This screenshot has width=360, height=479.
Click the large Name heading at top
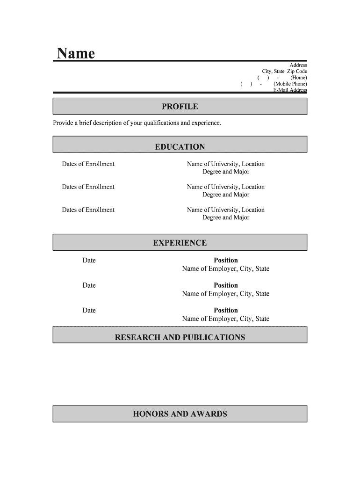(x=76, y=53)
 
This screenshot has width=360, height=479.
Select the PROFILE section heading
(x=180, y=107)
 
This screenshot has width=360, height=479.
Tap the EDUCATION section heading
(x=180, y=147)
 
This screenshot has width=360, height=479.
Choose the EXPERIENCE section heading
(x=180, y=243)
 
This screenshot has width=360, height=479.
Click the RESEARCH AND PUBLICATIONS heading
(x=180, y=337)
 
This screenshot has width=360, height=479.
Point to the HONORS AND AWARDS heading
(x=180, y=414)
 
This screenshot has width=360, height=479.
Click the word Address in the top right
(x=298, y=65)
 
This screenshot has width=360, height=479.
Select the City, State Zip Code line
(x=284, y=72)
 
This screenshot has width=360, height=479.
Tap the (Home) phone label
(x=298, y=78)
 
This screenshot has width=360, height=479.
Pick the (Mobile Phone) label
(x=290, y=84)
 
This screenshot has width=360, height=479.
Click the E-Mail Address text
(x=290, y=90)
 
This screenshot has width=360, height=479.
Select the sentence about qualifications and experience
(x=137, y=123)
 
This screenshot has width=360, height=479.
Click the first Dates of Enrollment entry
(x=88, y=164)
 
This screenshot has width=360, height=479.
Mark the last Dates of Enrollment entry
(x=88, y=210)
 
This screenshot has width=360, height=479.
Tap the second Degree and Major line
(x=226, y=195)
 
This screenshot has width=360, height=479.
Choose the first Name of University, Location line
(x=226, y=164)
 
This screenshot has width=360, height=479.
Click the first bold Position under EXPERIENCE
(x=226, y=260)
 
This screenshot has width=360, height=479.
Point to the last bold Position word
(x=226, y=310)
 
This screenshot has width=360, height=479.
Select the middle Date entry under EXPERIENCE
(x=89, y=285)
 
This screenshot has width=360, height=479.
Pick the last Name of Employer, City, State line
(x=226, y=319)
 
